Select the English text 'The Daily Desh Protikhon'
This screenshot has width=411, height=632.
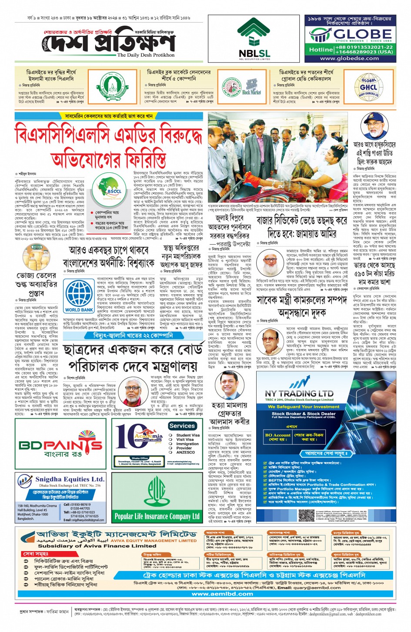coord(146,55)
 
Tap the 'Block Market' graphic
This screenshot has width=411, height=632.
coord(251,87)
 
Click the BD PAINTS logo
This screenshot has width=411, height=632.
coord(60,446)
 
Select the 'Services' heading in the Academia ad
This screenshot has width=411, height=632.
coord(182,426)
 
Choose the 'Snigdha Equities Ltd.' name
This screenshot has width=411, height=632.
coord(70,479)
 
